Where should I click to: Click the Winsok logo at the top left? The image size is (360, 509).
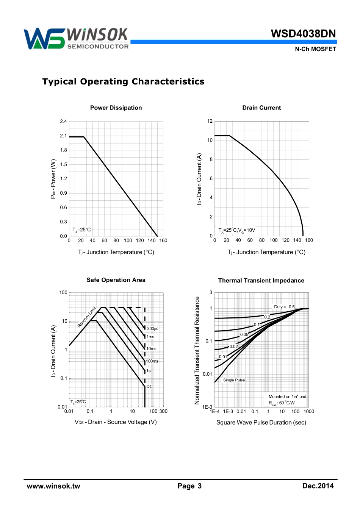coord(76,39)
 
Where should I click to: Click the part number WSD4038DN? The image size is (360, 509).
coord(303,34)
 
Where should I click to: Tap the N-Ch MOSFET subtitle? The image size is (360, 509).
coord(315,49)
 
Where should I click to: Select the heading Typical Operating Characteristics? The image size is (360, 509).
coord(123,81)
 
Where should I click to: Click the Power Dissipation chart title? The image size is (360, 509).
coord(116,108)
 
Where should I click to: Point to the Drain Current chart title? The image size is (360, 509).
coord(261,108)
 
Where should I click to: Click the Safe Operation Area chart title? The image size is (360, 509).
coord(116,280)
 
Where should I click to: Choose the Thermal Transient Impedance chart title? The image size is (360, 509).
coord(261,281)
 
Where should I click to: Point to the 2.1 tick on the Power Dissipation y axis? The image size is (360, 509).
coord(63,136)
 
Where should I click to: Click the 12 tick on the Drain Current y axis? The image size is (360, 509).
coord(210,121)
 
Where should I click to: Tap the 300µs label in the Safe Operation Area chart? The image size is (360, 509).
coord(153,329)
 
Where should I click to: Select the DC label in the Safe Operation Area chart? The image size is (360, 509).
coord(150,387)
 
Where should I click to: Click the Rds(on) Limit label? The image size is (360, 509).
coord(87,317)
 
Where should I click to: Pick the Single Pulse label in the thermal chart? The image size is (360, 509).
coord(234,380)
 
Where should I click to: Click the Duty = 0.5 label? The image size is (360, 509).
coord(284,307)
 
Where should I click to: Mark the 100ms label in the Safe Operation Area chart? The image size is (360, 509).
coord(152,361)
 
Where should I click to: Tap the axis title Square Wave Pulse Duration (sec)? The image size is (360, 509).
coord(261,423)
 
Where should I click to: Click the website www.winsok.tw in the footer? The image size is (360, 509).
coord(53,486)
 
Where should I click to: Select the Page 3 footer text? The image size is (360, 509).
coord(189,486)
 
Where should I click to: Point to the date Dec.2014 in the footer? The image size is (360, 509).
coord(318,486)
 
